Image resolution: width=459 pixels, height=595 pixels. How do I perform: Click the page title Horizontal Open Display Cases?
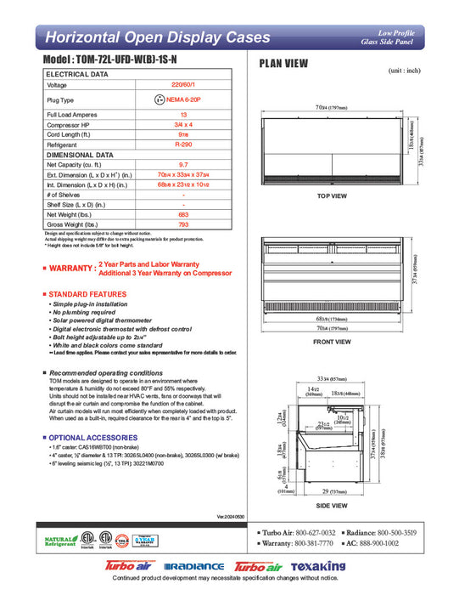157,37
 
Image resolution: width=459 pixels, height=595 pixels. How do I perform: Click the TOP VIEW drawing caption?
333,196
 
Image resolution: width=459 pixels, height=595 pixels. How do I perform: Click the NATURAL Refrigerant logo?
56,541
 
